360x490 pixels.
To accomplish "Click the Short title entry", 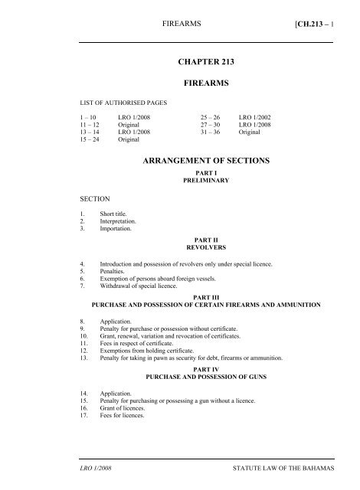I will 105,214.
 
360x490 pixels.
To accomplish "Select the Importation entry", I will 107,229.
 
